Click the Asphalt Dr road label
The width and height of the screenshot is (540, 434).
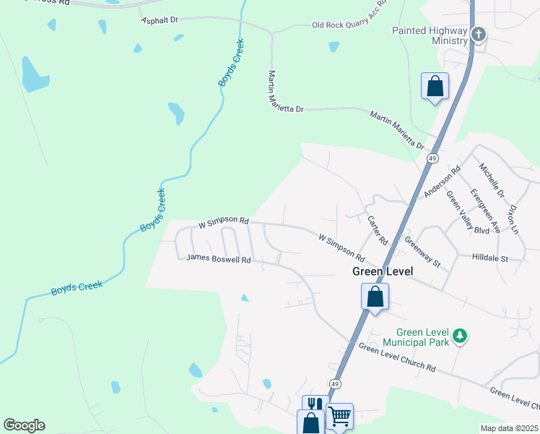coord(160,20)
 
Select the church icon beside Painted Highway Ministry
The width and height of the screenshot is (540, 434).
coord(477,33)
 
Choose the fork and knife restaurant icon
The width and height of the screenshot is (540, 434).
coord(314,404)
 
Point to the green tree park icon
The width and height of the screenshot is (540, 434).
coord(459,336)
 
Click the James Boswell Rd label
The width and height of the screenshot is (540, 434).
coord(218,258)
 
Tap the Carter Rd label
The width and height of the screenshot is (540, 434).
coord(378,230)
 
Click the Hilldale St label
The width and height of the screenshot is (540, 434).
coord(490,258)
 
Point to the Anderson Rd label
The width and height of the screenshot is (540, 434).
coord(443,183)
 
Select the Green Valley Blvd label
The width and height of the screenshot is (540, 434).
coord(467,212)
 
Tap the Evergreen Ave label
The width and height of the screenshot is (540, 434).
coord(484,210)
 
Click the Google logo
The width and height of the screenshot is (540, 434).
coord(24,425)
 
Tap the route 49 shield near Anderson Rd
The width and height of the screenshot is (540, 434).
coord(432,158)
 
